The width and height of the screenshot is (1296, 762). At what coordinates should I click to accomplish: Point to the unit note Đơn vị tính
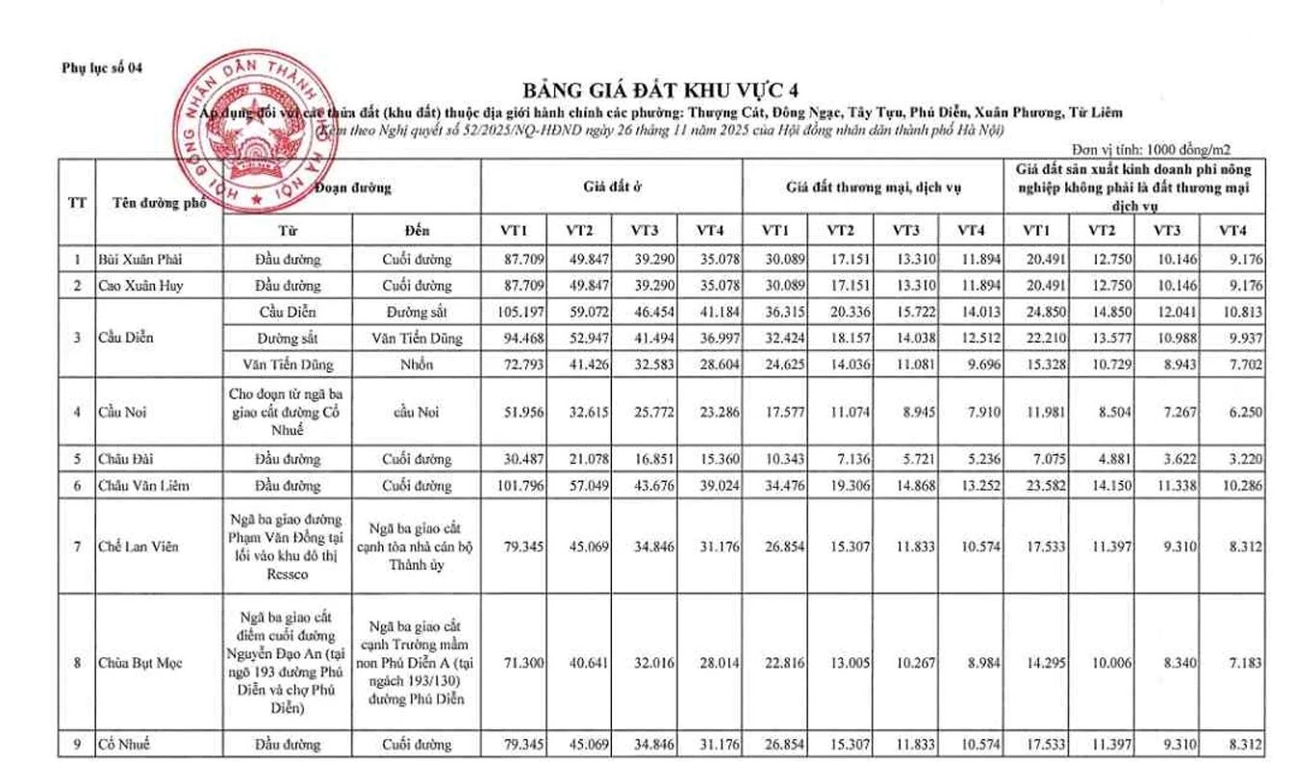click(1151, 149)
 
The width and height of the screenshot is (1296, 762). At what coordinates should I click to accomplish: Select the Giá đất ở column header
click(611, 186)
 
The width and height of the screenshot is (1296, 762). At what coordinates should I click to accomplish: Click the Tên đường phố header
click(153, 201)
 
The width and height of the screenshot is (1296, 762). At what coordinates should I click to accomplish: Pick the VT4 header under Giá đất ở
click(709, 230)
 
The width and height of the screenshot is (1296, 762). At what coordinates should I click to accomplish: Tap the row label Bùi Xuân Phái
click(140, 259)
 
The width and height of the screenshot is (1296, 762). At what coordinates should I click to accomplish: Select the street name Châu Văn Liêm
click(144, 486)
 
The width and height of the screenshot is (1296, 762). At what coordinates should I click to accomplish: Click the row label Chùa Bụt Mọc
click(141, 664)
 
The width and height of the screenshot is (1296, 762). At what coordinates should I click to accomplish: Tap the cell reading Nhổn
click(417, 366)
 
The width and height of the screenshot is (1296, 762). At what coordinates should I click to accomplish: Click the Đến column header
click(417, 230)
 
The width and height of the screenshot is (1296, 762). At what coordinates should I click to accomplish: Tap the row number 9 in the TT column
click(77, 744)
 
